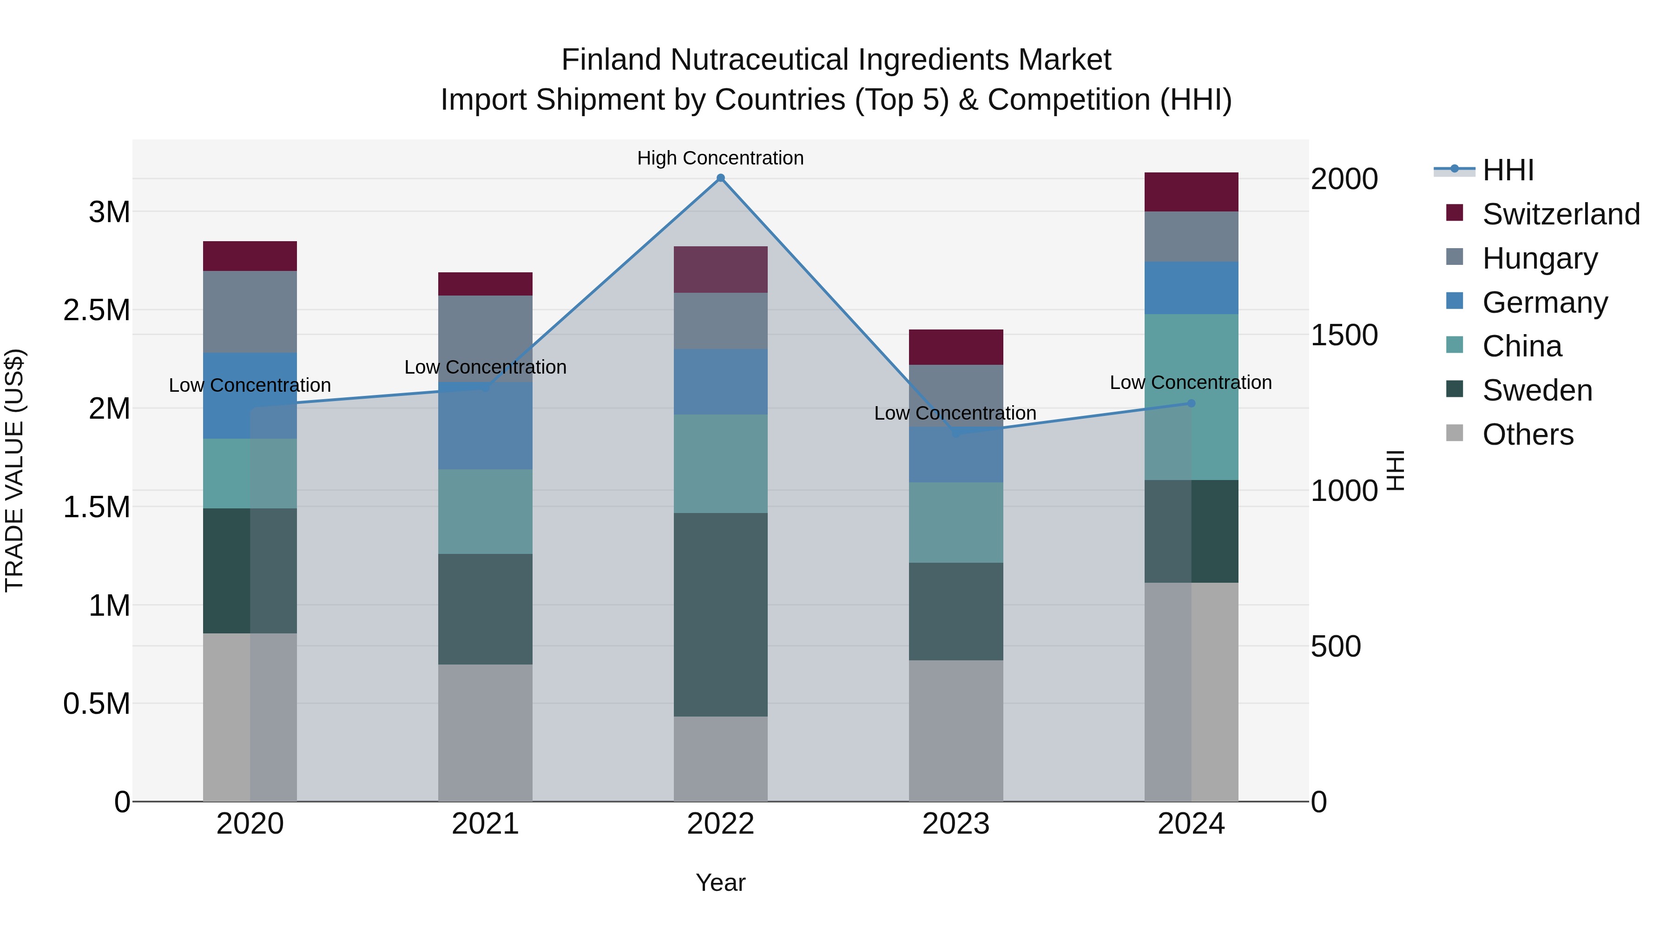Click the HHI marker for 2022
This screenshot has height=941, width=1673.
click(720, 178)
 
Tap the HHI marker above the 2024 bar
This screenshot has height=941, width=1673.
click(1191, 403)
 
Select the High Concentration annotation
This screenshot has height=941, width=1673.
click(720, 158)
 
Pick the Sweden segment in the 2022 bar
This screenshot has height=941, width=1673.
click(720, 614)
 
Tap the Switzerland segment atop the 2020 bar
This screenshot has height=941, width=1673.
click(250, 256)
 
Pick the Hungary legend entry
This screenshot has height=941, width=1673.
click(1539, 258)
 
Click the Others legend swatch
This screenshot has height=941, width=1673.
click(1455, 433)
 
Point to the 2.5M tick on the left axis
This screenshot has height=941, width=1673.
click(96, 310)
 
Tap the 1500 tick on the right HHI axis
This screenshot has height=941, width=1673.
click(1344, 335)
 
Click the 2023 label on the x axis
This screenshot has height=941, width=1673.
click(955, 824)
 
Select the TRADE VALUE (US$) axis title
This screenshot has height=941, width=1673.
click(14, 470)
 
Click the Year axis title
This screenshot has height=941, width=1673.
click(720, 882)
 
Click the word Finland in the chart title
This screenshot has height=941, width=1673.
click(611, 60)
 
